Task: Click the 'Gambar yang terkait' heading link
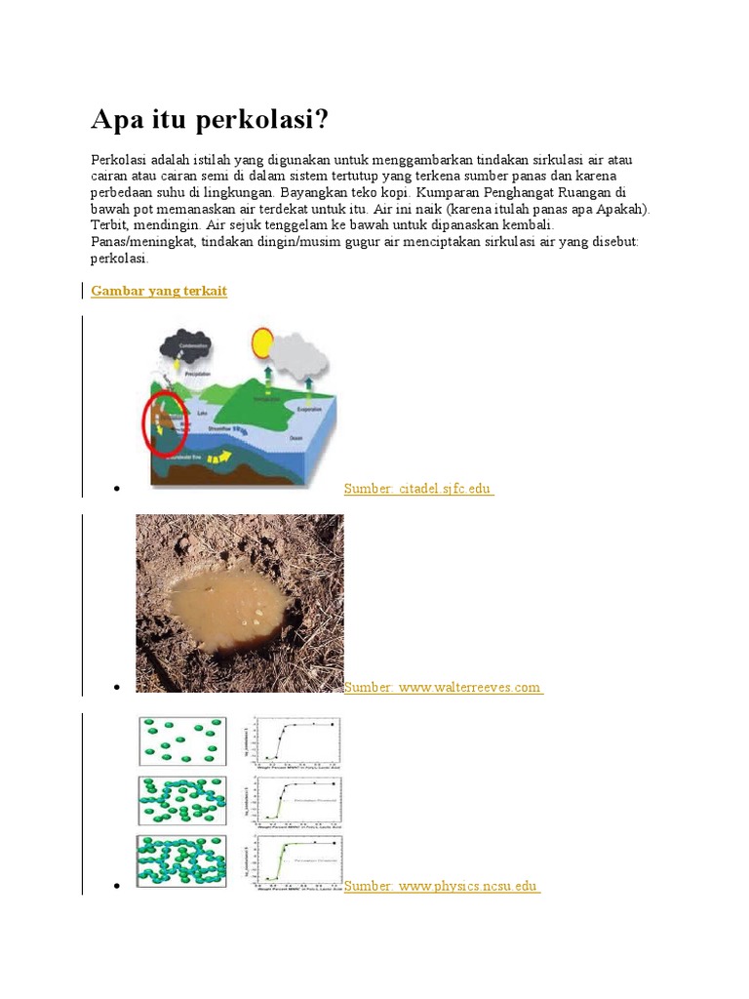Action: pyautogui.click(x=159, y=291)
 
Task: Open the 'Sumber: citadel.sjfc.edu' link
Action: pyautogui.click(x=418, y=488)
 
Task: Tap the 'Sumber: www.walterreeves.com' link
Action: pyautogui.click(x=443, y=687)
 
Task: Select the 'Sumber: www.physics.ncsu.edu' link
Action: pyautogui.click(x=442, y=886)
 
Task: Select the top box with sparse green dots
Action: pyautogui.click(x=183, y=741)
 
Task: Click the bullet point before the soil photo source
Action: pyautogui.click(x=116, y=688)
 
